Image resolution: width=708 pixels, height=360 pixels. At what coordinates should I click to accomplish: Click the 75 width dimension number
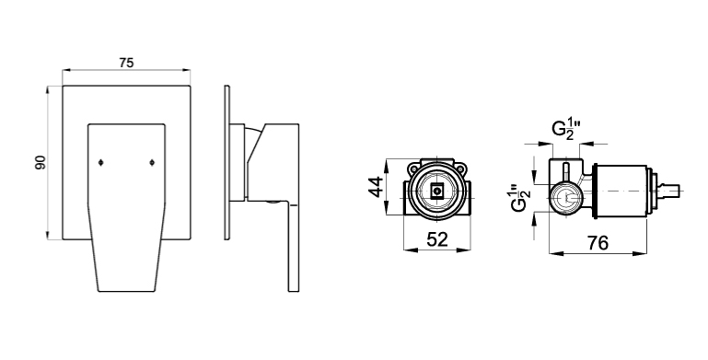point(126,63)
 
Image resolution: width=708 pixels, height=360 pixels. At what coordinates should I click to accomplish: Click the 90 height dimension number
point(41,163)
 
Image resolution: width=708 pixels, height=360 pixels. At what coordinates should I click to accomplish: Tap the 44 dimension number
point(376,187)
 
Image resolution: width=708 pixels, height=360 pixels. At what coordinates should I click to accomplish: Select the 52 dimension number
point(436,239)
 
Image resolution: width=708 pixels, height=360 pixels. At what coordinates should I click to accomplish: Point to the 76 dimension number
point(598,243)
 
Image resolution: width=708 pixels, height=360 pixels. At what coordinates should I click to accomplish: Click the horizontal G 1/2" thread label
point(566,129)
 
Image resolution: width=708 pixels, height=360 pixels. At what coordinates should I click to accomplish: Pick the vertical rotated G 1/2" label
point(519,196)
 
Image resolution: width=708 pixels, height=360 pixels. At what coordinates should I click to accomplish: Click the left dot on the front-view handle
point(100,163)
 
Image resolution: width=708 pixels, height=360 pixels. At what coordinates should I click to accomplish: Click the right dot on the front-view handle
point(152,163)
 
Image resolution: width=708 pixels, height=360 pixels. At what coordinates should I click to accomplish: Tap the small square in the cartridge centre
point(436,192)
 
